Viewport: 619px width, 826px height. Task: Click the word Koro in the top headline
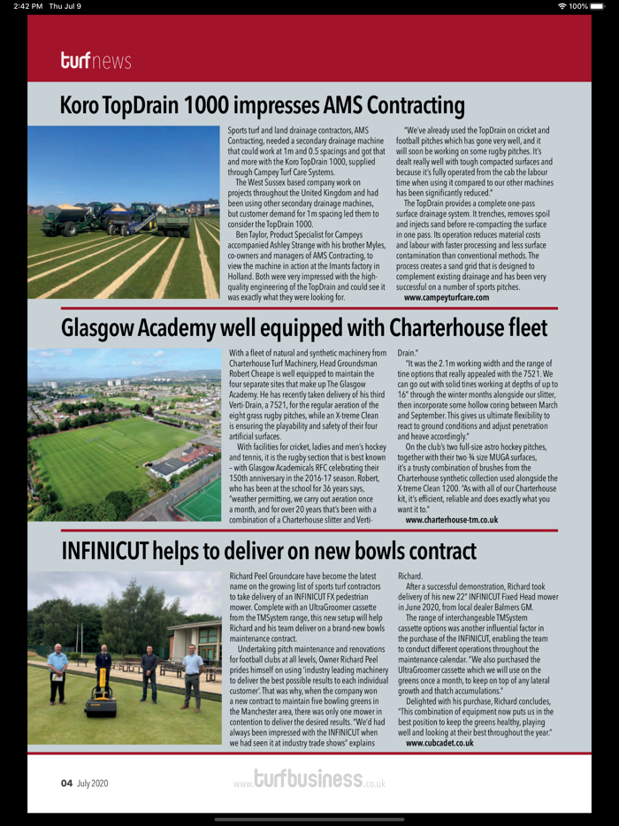(x=83, y=106)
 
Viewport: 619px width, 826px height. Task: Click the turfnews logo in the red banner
(x=96, y=61)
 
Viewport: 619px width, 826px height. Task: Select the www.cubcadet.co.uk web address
(x=439, y=744)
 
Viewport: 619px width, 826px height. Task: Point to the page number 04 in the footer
(x=66, y=783)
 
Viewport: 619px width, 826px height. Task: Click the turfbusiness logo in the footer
(x=309, y=780)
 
